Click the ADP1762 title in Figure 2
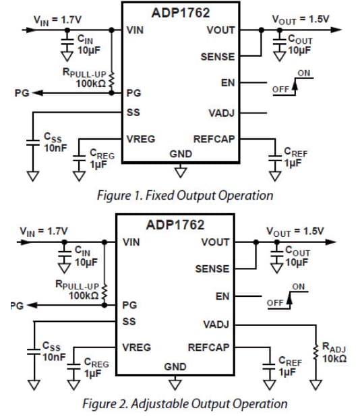click(x=177, y=225)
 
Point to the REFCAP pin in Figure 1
click(x=214, y=139)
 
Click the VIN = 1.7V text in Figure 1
click(x=53, y=19)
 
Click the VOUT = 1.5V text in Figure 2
click(x=295, y=231)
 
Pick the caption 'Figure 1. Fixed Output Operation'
click(x=185, y=196)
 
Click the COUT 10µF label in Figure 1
click(x=299, y=45)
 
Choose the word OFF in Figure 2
click(x=275, y=302)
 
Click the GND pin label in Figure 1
click(x=181, y=154)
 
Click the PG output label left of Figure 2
click(x=19, y=305)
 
